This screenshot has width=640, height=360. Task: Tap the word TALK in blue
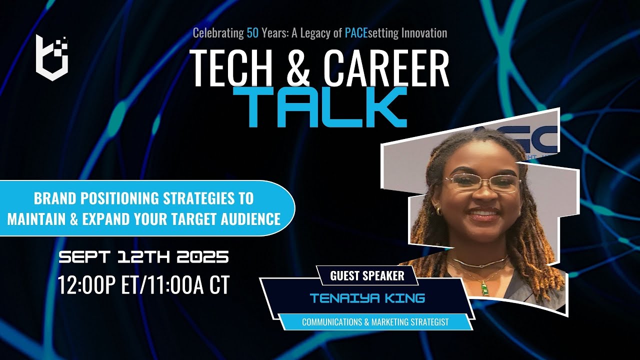[324, 107]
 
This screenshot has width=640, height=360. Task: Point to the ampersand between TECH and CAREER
[298, 68]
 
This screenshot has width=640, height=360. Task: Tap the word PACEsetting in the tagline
[370, 33]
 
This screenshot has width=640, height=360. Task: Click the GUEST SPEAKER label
[367, 275]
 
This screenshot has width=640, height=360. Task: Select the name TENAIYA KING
[367, 298]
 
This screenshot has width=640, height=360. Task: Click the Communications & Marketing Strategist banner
[375, 322]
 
